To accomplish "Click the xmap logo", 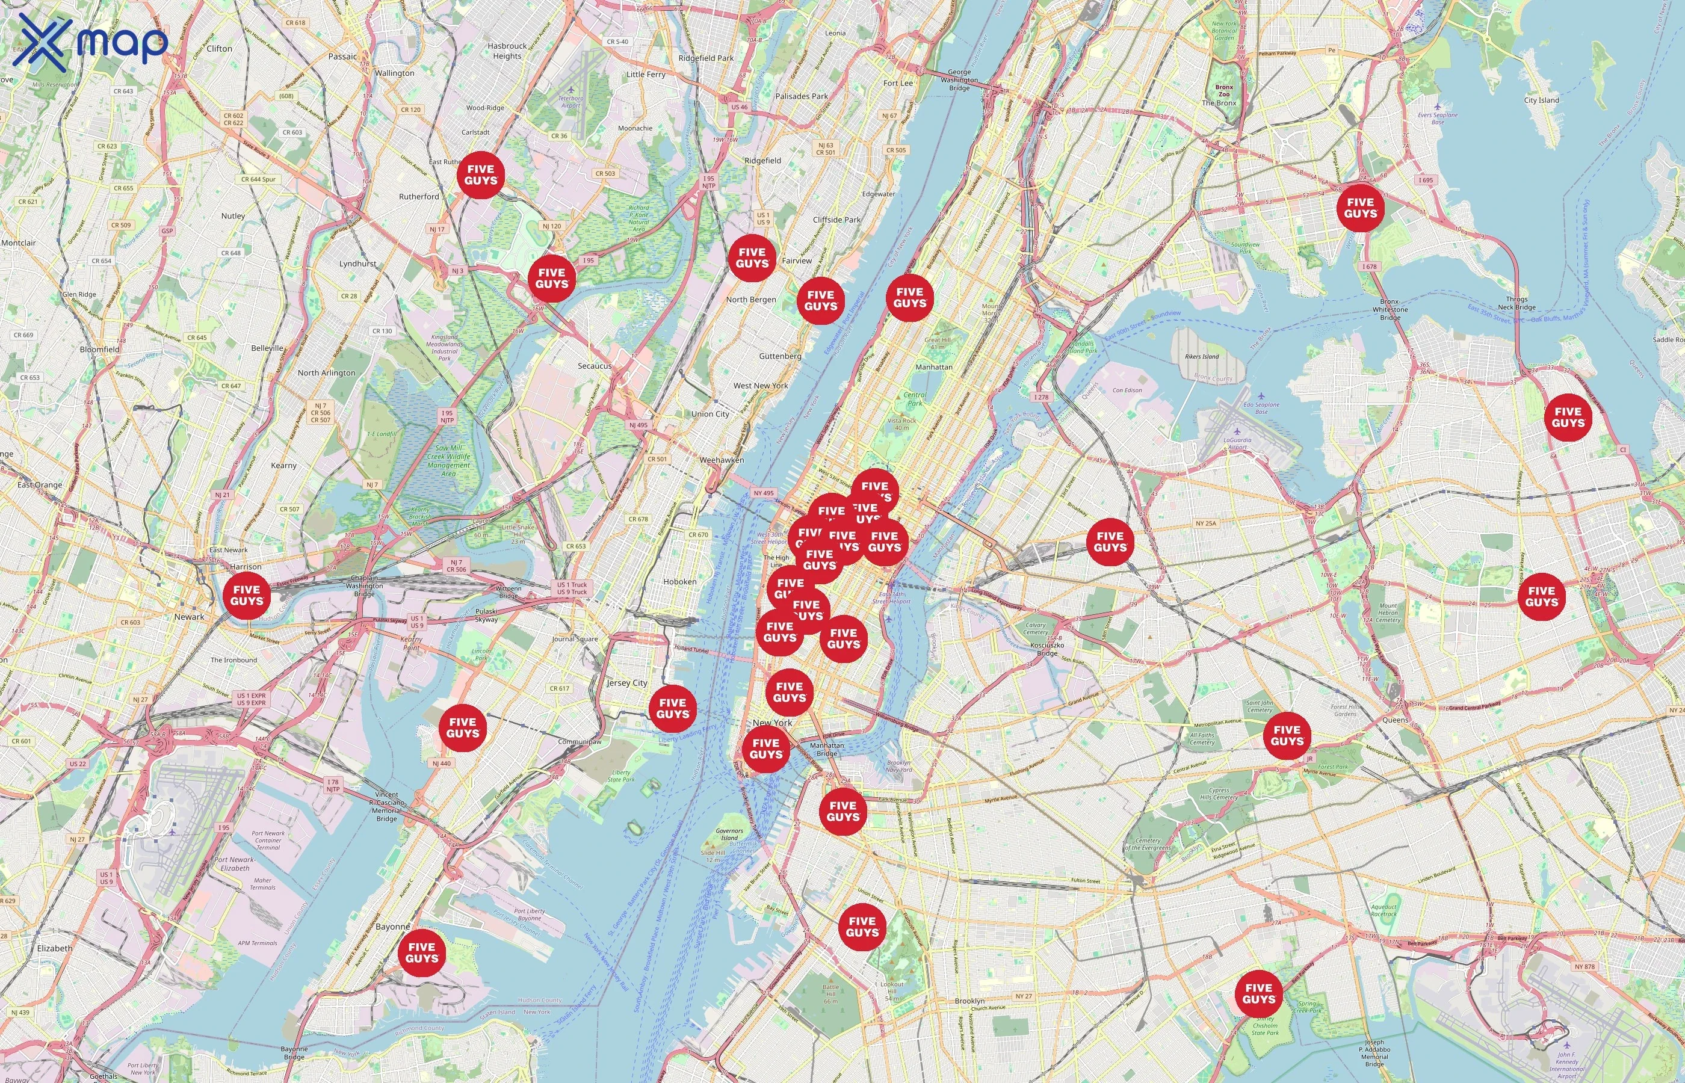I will (x=90, y=42).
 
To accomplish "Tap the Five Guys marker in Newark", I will (x=246, y=596).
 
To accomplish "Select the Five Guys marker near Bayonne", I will (x=422, y=952).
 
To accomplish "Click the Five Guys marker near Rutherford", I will (x=481, y=175).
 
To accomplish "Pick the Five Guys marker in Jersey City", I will (x=673, y=708).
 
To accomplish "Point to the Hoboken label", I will (x=679, y=582).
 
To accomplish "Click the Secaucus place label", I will (x=594, y=366).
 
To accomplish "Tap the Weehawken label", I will (x=722, y=460).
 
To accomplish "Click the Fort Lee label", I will (x=898, y=83).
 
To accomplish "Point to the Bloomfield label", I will (x=99, y=350).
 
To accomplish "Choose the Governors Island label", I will (x=729, y=834).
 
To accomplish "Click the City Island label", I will (x=1542, y=100).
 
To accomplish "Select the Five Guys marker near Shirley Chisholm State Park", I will (x=1259, y=994).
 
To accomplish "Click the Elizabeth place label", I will (x=55, y=948).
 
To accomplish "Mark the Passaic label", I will (x=342, y=57).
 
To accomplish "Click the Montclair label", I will (x=18, y=242).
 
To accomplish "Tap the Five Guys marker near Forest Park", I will (x=1287, y=736).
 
